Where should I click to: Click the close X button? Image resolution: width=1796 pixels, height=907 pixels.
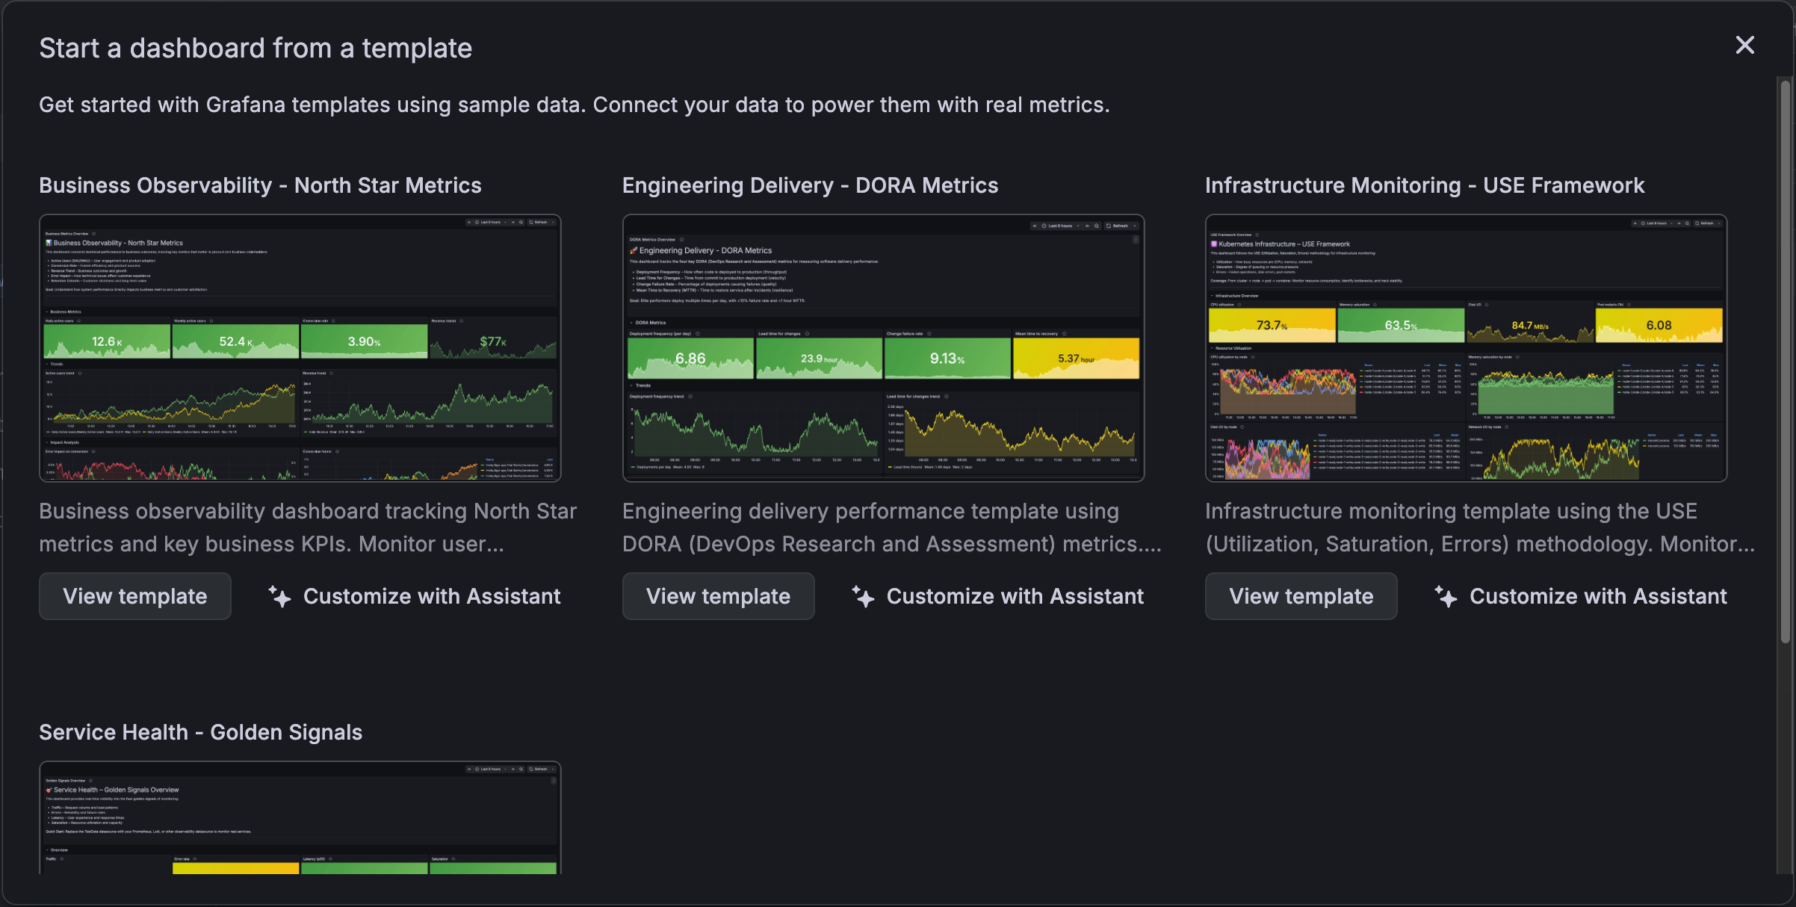(x=1744, y=46)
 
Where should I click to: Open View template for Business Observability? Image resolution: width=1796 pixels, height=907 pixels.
(x=135, y=596)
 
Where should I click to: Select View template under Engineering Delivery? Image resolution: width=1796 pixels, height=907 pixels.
(x=718, y=596)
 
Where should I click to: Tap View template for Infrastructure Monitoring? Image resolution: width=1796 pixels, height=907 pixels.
(x=1301, y=596)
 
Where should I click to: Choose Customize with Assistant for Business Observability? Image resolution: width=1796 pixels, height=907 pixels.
(x=415, y=596)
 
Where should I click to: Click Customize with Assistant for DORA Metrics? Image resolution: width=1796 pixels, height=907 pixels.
(x=999, y=596)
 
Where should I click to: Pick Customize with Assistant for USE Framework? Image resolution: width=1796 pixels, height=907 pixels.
(x=1582, y=596)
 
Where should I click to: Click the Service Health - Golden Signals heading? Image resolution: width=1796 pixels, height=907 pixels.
(x=200, y=732)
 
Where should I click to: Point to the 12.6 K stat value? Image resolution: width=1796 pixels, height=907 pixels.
(x=106, y=341)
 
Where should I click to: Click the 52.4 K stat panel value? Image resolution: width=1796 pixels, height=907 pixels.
(x=235, y=341)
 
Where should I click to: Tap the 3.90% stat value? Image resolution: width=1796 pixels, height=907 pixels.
(x=364, y=341)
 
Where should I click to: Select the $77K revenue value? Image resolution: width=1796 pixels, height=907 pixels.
(x=493, y=341)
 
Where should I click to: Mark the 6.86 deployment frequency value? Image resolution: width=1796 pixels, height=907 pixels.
(x=690, y=359)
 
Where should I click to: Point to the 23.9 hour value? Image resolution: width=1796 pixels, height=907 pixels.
(x=819, y=359)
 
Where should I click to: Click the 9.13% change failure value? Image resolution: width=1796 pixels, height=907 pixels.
(x=947, y=359)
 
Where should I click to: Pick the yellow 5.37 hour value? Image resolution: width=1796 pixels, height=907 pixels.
(x=1076, y=359)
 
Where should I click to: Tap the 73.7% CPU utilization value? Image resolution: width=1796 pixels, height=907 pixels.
(x=1272, y=326)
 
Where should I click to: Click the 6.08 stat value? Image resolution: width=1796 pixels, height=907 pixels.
(x=1659, y=326)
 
